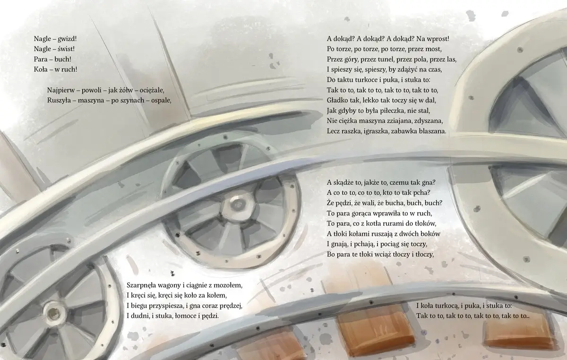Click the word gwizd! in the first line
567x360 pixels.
click(67, 39)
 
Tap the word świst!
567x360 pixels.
click(66, 49)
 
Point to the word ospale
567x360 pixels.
click(161, 101)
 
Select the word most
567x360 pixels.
click(434, 49)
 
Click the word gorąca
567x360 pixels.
click(362, 214)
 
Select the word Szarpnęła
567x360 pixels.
click(141, 285)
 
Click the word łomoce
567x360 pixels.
click(186, 316)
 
